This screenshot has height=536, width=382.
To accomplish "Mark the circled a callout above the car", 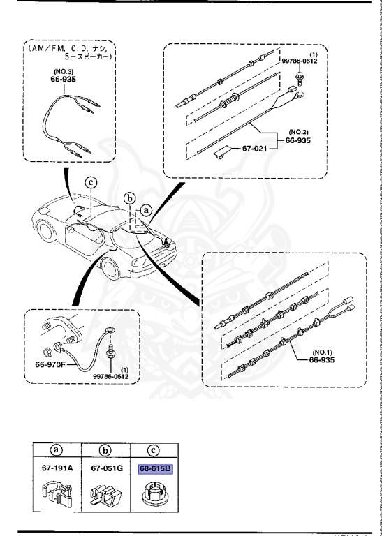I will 146,208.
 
